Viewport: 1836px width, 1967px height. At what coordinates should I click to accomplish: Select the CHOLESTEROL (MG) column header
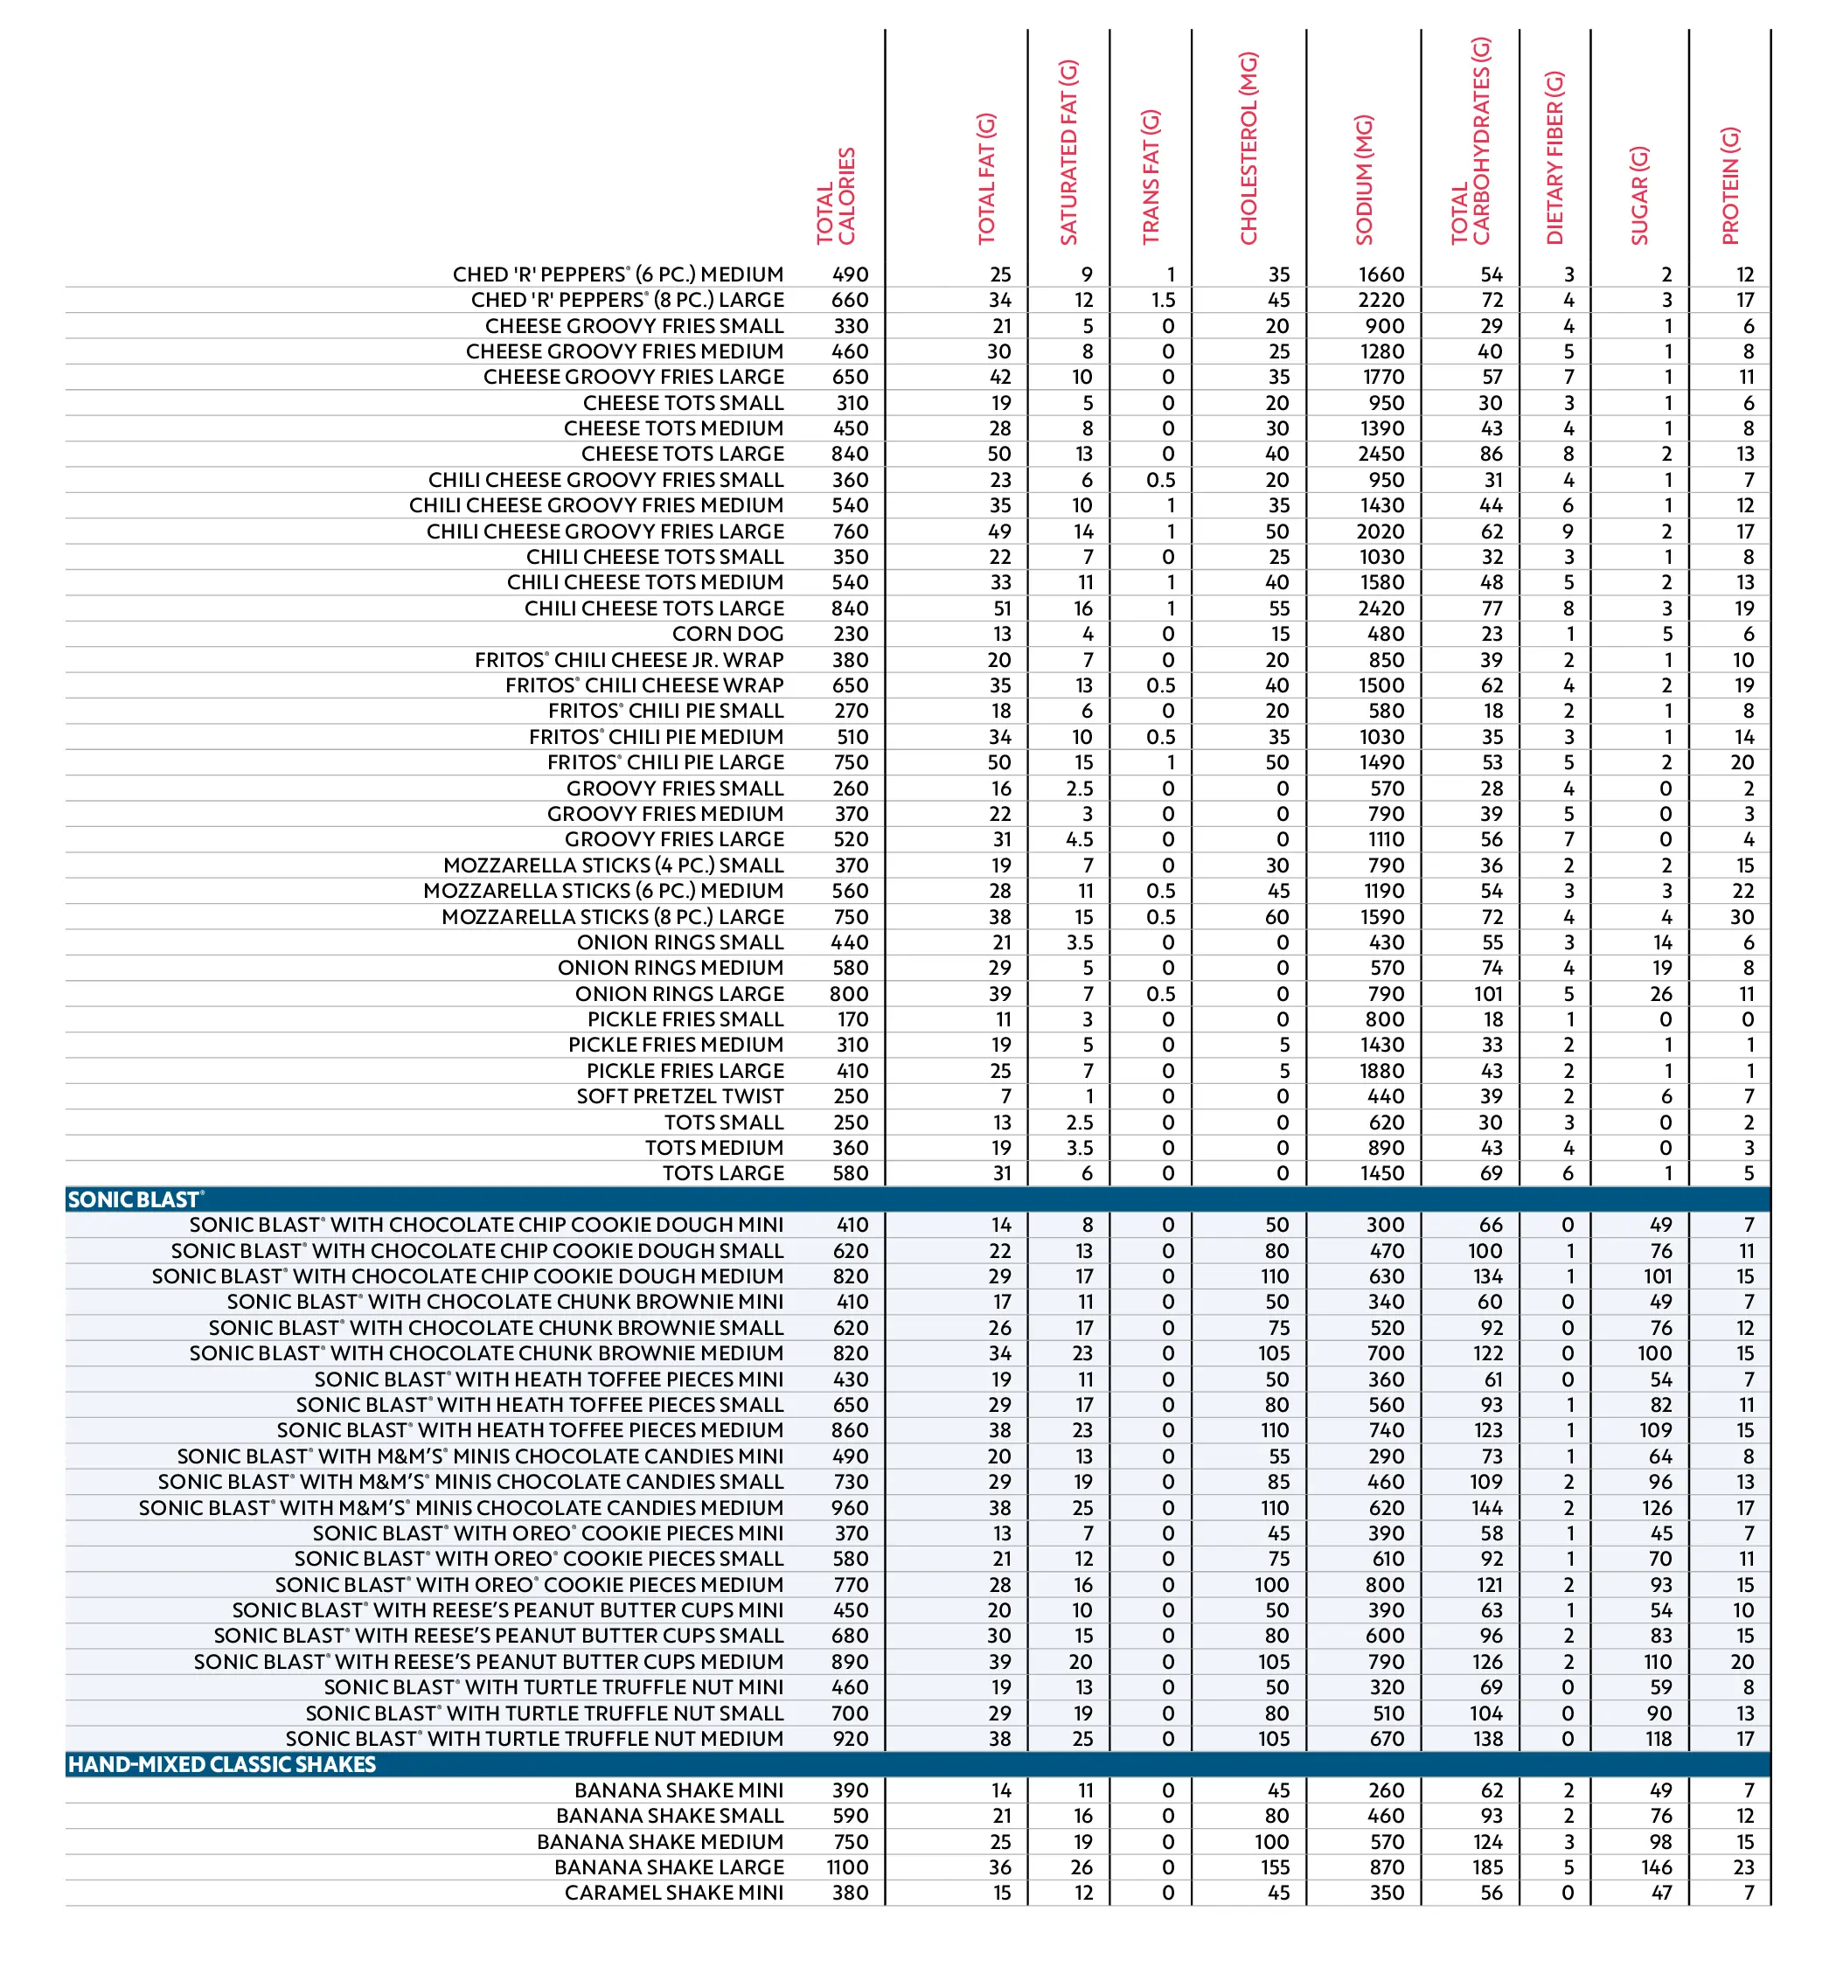pos(1248,149)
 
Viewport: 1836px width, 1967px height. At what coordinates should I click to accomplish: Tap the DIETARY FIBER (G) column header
pos(1554,158)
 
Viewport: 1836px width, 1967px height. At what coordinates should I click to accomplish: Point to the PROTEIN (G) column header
pos(1729,186)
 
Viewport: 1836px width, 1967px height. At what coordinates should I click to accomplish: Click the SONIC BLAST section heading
pos(135,1200)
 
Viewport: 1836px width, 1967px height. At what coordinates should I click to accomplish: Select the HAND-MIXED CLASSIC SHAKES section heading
pos(222,1764)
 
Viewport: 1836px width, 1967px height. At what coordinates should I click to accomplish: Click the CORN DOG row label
pos(727,634)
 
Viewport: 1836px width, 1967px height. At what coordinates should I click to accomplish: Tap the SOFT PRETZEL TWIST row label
pos(680,1096)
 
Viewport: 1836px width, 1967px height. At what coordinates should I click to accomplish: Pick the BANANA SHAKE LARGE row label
pos(669,1867)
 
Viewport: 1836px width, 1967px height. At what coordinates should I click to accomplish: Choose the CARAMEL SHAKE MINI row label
pos(674,1893)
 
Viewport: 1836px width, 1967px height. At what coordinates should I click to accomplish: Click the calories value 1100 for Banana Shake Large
pos(847,1867)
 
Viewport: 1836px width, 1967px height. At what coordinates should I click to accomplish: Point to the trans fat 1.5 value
pos(1163,300)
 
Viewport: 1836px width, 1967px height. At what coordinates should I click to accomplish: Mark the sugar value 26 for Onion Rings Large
pos(1661,993)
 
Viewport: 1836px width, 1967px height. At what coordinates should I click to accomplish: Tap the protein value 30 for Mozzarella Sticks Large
pos(1742,917)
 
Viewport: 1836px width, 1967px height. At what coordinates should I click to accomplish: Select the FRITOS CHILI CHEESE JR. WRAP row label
pos(629,660)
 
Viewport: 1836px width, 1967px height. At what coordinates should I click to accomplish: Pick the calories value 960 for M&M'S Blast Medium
pos(850,1508)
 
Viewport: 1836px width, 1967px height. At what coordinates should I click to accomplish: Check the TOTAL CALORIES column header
pos(835,196)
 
